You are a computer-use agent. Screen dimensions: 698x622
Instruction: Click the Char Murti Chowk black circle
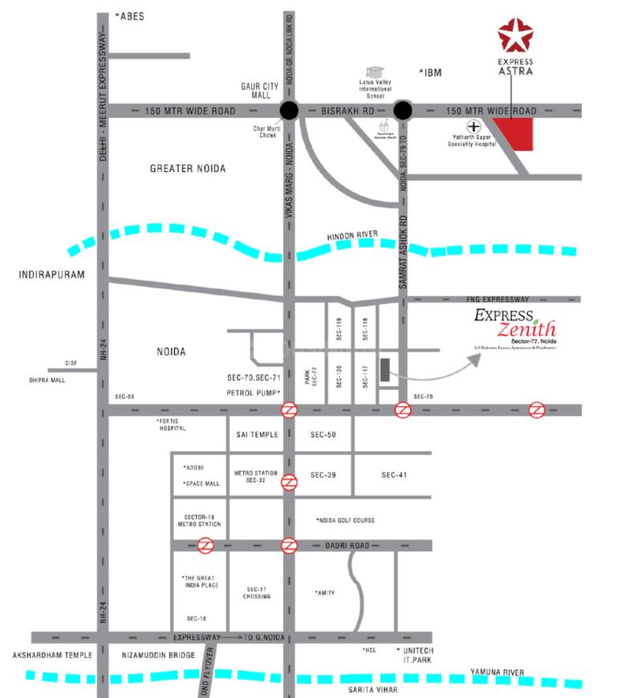point(289,111)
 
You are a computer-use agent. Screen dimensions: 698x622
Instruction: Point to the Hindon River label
point(352,235)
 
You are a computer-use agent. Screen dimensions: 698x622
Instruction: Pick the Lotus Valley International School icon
point(374,73)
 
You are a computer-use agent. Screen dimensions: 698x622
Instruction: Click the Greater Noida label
point(188,169)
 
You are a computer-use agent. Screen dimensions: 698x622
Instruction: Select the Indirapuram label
point(51,275)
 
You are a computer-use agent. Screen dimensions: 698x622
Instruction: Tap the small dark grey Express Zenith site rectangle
point(385,370)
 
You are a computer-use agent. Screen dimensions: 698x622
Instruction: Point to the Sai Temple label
point(257,435)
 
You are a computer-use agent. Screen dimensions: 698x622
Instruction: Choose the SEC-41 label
point(394,476)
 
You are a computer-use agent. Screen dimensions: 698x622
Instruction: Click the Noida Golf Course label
point(345,520)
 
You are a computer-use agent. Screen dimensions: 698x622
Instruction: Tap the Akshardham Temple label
point(52,655)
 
